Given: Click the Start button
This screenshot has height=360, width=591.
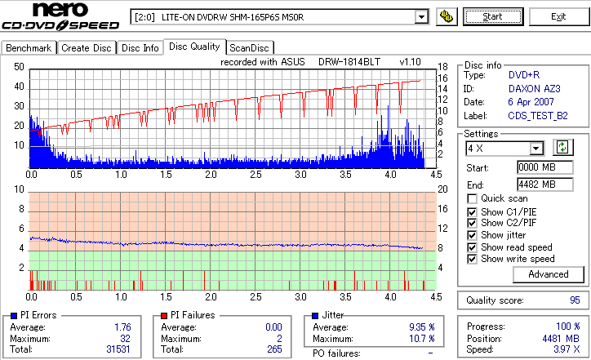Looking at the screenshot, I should point(492,16).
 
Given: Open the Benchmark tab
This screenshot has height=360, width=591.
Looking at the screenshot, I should point(29,48).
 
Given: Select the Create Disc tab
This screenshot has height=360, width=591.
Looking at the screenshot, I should point(87,48).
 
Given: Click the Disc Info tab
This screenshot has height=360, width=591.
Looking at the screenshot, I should point(140,48).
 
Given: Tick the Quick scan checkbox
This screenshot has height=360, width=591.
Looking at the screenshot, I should point(473,198).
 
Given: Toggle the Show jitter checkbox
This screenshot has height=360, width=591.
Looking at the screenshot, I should point(473,235).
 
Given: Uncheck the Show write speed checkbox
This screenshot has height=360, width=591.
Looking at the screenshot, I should point(473,259).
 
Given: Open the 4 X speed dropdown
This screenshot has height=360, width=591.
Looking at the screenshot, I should point(536,148).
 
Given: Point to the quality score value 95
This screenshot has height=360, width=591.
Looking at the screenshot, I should point(575,300).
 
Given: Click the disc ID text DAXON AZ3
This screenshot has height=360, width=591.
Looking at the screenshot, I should point(534,88).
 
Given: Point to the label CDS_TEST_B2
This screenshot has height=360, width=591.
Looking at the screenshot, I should point(539,116).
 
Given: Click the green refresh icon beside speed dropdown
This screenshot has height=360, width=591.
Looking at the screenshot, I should point(562,148).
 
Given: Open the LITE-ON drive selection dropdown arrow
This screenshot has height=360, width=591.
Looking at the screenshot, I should point(421,16).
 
